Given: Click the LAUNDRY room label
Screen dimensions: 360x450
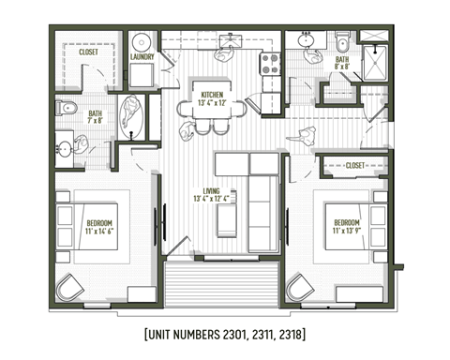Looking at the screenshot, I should click(x=142, y=57).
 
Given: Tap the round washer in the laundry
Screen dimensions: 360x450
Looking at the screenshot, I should click(x=142, y=43).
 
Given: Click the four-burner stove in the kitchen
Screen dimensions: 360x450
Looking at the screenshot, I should click(x=270, y=65).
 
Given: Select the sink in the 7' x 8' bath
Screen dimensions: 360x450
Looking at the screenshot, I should click(x=64, y=147).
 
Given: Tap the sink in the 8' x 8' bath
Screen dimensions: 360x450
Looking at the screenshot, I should click(x=307, y=41).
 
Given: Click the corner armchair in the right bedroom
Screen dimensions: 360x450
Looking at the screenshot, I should click(x=300, y=286).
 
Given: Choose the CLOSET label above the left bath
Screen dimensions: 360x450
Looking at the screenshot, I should click(x=88, y=53).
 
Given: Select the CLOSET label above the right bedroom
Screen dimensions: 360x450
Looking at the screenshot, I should click(x=353, y=165).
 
